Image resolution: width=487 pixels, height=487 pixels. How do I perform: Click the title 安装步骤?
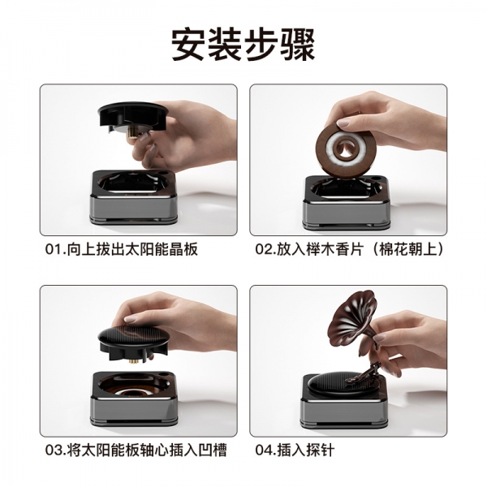[243, 45]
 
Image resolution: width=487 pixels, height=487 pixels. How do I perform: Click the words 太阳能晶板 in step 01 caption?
[162, 249]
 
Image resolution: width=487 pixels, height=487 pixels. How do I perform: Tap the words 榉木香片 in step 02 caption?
[334, 249]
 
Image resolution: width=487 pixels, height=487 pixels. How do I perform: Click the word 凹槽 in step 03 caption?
[213, 450]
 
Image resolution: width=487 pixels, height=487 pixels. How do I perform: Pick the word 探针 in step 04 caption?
[321, 450]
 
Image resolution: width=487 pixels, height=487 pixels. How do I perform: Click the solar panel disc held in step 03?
[134, 337]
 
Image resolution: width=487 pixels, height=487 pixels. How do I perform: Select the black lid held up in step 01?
[133, 116]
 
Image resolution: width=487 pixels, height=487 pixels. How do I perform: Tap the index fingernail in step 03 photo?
[131, 318]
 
